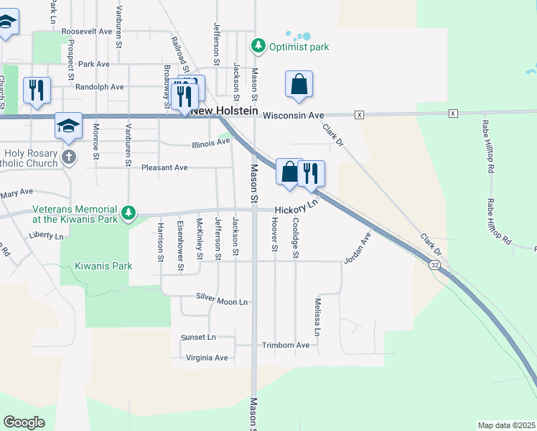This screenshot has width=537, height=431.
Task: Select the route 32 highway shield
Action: tap(434, 265)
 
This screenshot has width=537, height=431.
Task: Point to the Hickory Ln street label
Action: tap(295, 209)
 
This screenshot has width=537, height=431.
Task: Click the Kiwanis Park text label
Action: tap(103, 266)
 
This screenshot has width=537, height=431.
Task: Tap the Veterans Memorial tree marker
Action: tap(129, 213)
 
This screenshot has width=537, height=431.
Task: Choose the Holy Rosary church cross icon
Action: tap(68, 157)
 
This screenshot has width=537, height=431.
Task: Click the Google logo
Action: tap(24, 422)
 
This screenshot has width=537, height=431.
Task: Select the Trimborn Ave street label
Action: tap(285, 345)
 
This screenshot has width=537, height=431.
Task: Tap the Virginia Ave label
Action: tap(207, 358)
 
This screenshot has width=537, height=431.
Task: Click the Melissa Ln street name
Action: tap(317, 317)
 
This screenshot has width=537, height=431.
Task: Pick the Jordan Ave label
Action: tap(356, 246)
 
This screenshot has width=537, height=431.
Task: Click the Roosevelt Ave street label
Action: tap(87, 32)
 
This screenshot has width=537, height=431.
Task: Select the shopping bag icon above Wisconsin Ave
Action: tap(299, 84)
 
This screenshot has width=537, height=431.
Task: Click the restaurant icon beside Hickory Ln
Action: tap(312, 173)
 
